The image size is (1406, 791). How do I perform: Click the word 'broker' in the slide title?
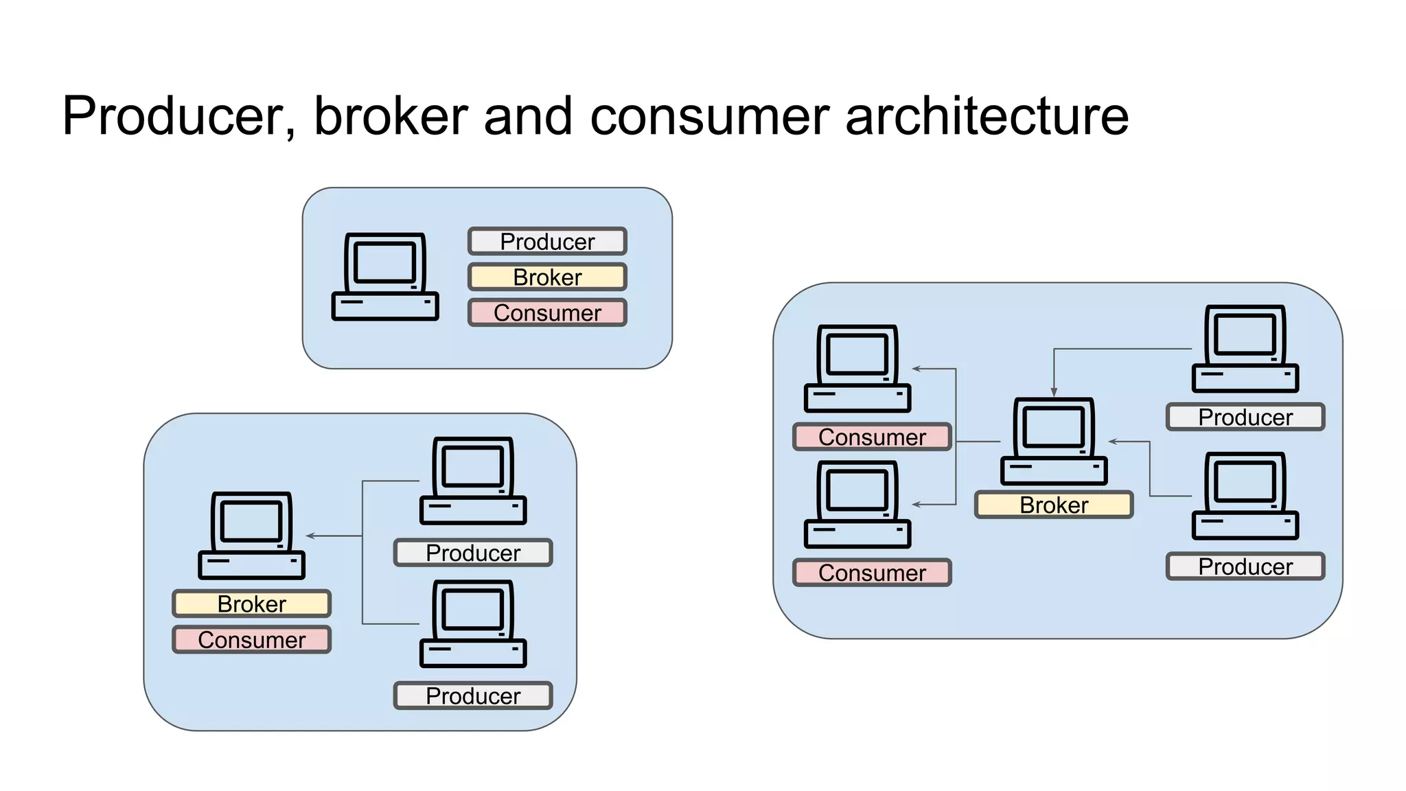pos(390,116)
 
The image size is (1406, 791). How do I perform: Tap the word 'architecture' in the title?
pos(987,116)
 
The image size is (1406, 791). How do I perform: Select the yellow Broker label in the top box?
pos(547,277)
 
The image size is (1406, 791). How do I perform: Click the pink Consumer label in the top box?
pos(547,313)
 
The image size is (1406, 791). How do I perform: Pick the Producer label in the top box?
pos(547,242)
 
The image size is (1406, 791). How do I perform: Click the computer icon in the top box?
pos(384,277)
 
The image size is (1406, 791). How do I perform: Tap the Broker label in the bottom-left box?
pos(251,604)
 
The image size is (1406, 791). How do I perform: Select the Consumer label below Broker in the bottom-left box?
pos(251,640)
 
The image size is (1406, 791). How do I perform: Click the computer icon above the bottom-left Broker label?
pos(251,536)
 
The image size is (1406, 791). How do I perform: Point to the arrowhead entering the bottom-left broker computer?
pos(310,536)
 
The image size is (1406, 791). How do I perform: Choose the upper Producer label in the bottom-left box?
pos(473,553)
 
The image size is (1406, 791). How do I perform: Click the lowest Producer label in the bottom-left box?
pos(473,696)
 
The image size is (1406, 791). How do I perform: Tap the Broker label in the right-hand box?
pos(1054,505)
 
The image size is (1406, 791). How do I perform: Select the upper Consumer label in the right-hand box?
pos(872,437)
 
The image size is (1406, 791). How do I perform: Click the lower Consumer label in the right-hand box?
pos(872,573)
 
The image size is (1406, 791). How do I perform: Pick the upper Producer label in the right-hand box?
pos(1245,417)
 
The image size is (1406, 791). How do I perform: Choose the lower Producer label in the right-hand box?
pos(1245,566)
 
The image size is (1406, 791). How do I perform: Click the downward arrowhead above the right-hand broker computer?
pos(1054,392)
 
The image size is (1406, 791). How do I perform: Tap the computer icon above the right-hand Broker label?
pos(1054,442)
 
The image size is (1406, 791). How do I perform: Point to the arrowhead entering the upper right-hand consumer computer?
pos(917,369)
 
